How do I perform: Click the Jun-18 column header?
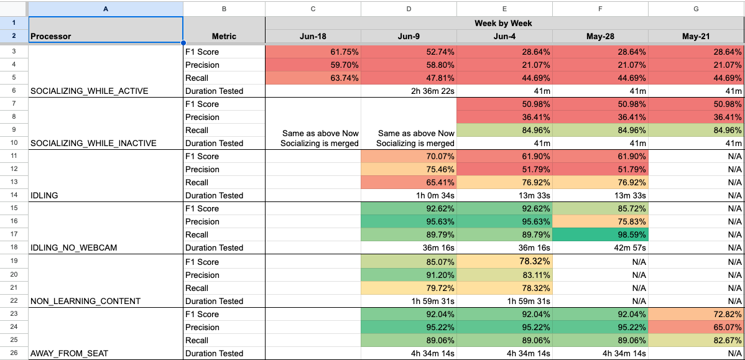(313, 36)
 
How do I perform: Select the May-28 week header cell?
(600, 36)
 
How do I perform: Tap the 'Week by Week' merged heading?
(504, 23)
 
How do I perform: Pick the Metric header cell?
(224, 36)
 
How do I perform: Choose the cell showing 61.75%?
(313, 52)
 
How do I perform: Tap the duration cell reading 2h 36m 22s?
(409, 91)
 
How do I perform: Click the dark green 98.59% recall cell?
(600, 234)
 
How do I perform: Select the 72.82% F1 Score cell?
(696, 314)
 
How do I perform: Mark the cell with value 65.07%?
(696, 327)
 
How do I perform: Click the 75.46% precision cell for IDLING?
(409, 169)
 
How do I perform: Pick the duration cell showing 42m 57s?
(600, 247)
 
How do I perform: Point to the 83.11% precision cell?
(504, 275)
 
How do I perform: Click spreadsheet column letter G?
(696, 9)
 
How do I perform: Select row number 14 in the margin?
(14, 195)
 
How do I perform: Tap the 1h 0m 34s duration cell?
(409, 195)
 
